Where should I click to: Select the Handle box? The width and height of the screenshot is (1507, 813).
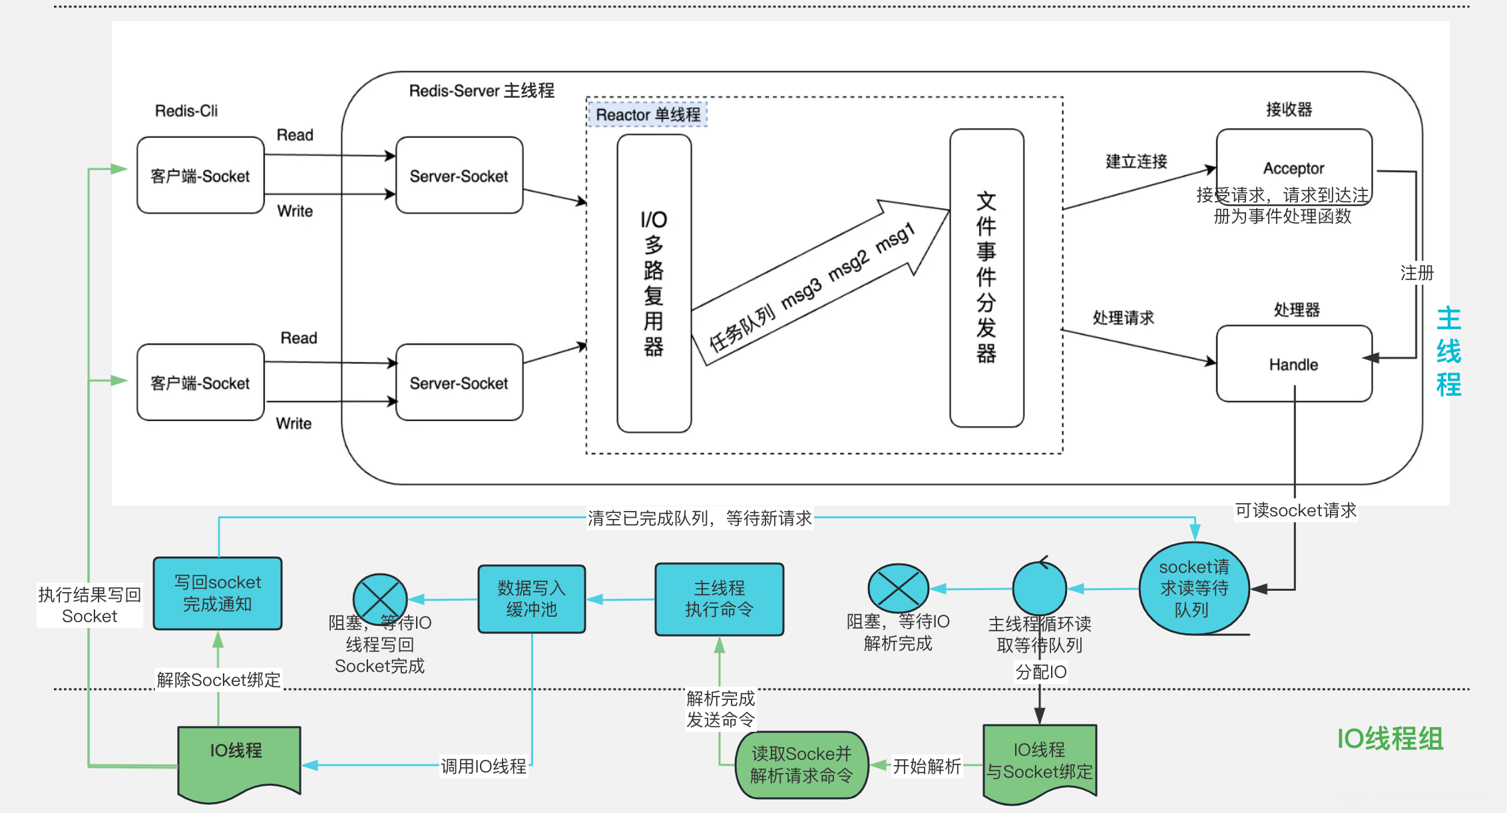click(1293, 364)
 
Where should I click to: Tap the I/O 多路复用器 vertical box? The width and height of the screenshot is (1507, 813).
click(654, 283)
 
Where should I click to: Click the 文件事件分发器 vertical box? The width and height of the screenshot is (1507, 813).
click(986, 277)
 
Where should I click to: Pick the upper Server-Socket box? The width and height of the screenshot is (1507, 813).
click(459, 176)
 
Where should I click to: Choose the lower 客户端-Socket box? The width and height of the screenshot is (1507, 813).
click(200, 383)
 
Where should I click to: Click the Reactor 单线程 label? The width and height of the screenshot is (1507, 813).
click(648, 114)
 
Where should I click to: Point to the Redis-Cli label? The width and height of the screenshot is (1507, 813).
click(186, 110)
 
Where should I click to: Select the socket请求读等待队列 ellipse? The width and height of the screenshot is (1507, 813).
click(1193, 588)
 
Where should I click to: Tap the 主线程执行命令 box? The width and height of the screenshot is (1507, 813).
click(719, 599)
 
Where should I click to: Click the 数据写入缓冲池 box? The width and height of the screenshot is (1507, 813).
click(531, 599)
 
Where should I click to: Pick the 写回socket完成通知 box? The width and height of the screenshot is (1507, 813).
click(217, 593)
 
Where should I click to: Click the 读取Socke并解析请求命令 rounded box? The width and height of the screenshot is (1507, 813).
click(801, 764)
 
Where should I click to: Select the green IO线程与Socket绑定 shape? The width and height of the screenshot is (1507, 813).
click(1039, 761)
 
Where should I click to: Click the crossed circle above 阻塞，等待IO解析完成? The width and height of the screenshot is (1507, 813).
click(898, 588)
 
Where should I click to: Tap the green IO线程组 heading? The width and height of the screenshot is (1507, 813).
click(1390, 738)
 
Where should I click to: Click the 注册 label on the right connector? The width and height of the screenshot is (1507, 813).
click(1416, 273)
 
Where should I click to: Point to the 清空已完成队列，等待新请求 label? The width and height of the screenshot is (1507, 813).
click(699, 518)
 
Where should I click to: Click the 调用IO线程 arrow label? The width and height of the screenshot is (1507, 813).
click(483, 766)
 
